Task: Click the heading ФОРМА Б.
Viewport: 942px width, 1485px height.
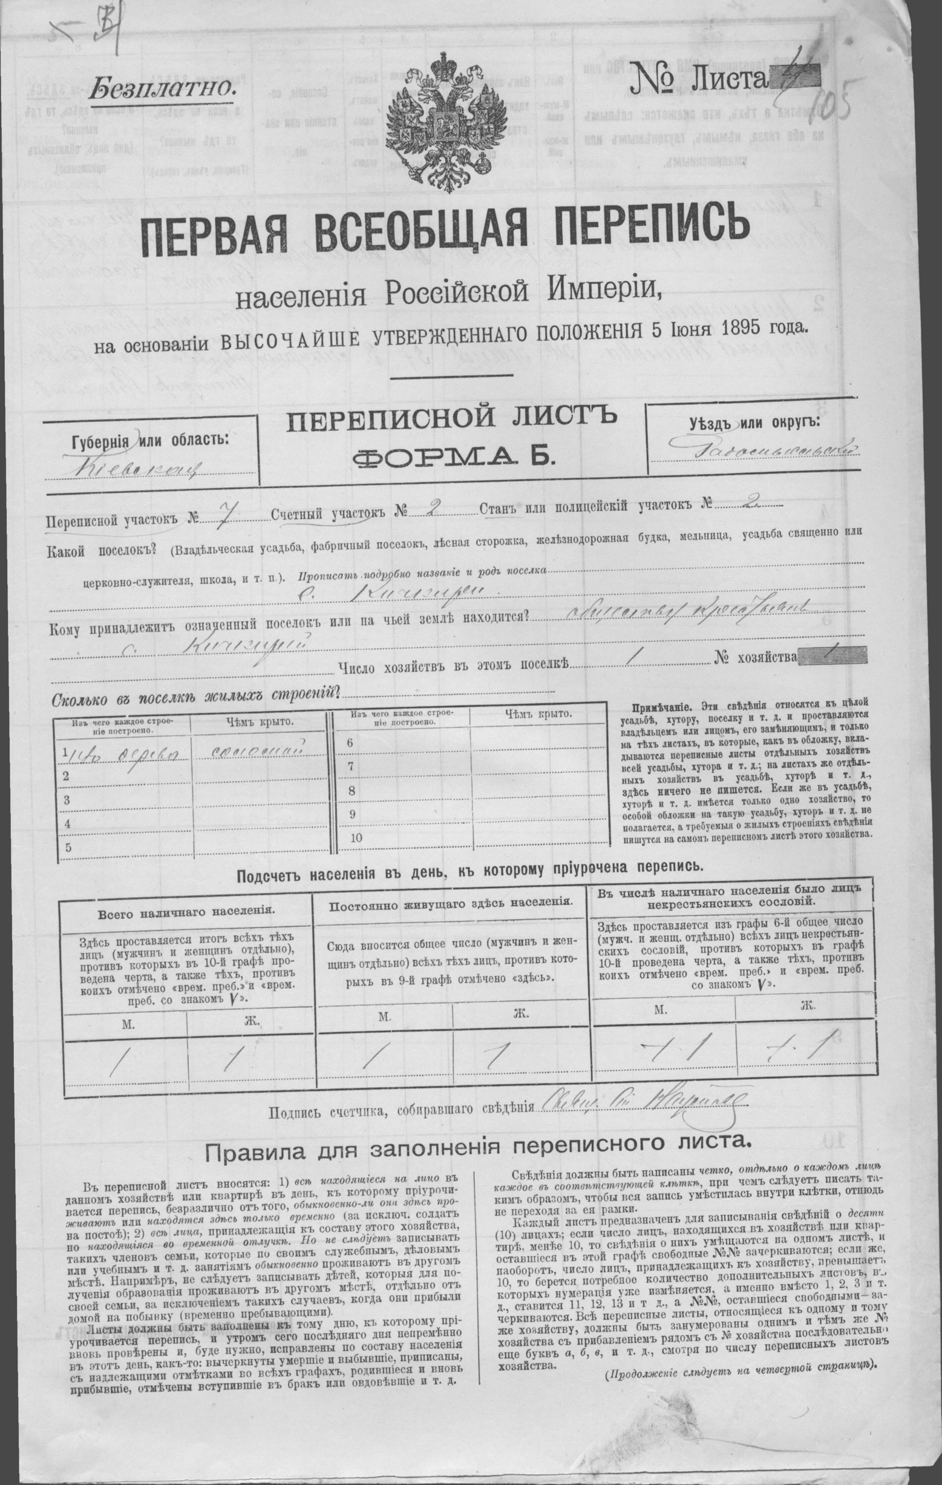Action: (x=453, y=456)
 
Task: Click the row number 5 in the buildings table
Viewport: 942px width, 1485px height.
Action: (x=69, y=847)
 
